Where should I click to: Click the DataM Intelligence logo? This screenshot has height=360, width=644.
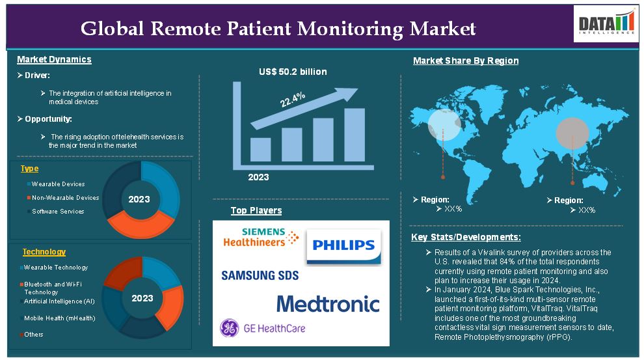tap(606, 24)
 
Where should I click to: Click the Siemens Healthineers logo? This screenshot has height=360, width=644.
tap(261, 237)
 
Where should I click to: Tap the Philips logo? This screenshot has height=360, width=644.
tap(343, 246)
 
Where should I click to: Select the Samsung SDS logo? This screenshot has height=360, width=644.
tap(260, 275)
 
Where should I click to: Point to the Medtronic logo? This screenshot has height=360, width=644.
tap(328, 304)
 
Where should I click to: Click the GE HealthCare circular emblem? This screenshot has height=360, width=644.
tap(229, 328)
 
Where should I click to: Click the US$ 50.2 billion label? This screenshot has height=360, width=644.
tap(293, 72)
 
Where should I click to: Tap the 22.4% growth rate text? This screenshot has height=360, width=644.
tap(293, 99)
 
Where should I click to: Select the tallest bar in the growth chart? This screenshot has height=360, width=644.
tap(355, 135)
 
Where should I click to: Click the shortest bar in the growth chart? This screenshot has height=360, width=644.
tap(260, 150)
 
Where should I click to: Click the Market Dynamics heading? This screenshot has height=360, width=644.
tap(54, 60)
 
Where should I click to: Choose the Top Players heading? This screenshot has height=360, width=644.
tap(256, 210)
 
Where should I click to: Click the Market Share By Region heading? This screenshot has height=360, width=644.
tap(466, 61)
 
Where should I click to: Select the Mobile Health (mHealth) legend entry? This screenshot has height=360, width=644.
tap(57, 318)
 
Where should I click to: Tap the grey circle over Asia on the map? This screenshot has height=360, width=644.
tap(572, 133)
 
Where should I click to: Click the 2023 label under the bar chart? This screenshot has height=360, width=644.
tap(258, 178)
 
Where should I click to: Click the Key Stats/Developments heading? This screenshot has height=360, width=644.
tap(466, 237)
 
